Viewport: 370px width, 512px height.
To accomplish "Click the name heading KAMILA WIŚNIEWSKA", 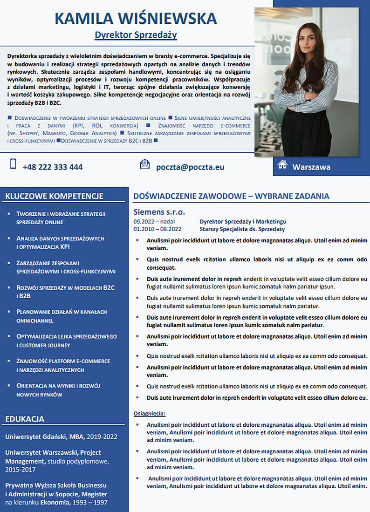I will tap(136, 19).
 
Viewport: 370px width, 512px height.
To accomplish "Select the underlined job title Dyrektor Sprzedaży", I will tap(136, 35).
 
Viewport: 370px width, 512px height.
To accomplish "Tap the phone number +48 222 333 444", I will tap(53, 167).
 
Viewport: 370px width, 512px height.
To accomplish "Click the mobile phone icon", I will tap(13, 164).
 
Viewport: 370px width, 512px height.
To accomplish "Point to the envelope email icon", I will tap(145, 164).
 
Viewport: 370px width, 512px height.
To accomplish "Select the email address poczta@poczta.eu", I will tap(190, 167).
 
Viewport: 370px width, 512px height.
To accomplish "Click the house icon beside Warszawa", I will tap(282, 164).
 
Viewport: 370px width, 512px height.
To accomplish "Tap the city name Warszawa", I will tap(311, 167).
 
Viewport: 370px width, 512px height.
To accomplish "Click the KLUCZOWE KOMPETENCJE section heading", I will tap(54, 196).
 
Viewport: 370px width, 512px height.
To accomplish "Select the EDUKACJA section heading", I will tap(25, 419).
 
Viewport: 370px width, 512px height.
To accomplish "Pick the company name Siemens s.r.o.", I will tap(159, 212).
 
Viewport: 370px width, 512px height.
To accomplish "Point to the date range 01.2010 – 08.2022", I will tap(157, 229).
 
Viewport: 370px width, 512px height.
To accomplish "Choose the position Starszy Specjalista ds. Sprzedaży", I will tap(242, 229).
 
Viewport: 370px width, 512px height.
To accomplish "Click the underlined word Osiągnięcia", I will tap(149, 413).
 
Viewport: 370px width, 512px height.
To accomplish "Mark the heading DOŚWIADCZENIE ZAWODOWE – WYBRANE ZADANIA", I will tap(231, 196).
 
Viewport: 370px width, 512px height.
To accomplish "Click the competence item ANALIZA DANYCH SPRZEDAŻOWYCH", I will tap(60, 239).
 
